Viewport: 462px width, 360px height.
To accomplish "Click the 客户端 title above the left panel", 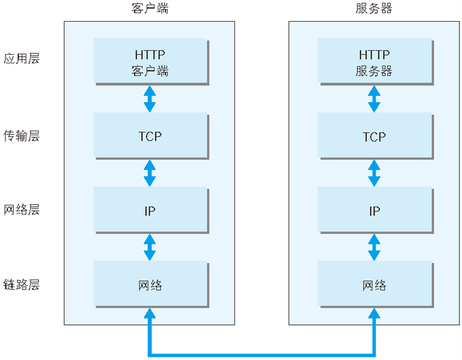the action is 150,9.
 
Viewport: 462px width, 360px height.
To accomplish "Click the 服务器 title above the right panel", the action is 374,9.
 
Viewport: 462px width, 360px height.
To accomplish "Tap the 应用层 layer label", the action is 22,58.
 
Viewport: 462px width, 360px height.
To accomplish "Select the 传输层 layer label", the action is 22,136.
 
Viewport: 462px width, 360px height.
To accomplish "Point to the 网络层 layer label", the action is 22,209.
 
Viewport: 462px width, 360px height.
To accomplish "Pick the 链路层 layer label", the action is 22,285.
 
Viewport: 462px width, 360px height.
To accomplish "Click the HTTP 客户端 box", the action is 151,62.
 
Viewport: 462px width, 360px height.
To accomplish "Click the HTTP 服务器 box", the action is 376,62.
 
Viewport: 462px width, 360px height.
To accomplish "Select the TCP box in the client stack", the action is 151,136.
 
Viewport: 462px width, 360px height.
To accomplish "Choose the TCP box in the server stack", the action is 376,136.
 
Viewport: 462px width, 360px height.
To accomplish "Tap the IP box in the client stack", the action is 151,211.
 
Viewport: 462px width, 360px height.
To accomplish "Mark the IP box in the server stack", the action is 376,211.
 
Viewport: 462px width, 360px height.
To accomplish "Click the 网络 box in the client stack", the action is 151,285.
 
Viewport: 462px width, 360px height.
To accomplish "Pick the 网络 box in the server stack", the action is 376,285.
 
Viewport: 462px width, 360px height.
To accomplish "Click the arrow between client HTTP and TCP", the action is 150,99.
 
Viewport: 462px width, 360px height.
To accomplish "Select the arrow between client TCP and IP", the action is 150,173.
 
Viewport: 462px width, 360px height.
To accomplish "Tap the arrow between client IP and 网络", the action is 150,247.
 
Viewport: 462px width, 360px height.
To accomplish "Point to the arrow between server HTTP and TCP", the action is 374,99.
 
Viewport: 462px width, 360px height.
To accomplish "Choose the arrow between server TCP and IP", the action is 374,173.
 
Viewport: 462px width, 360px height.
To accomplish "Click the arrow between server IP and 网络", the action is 374,247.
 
